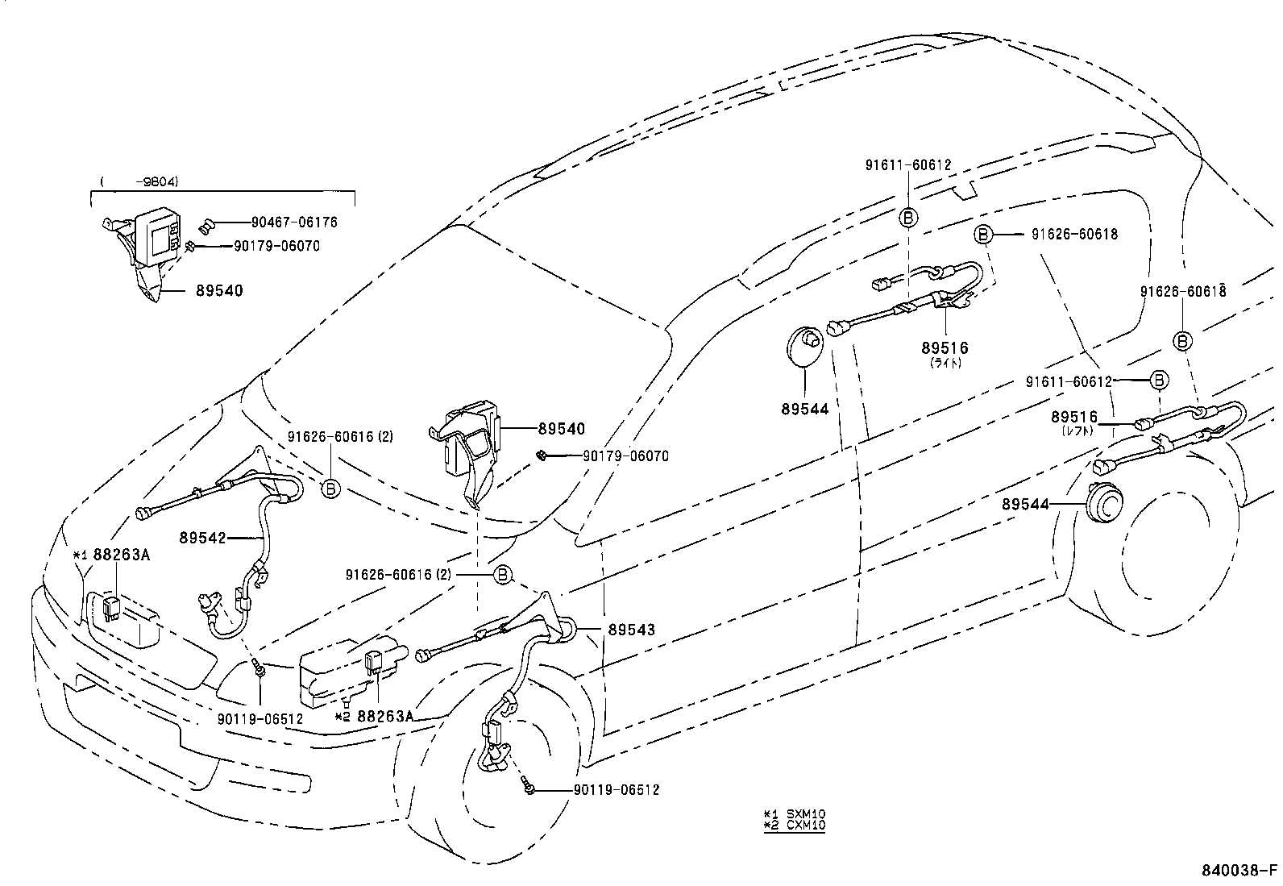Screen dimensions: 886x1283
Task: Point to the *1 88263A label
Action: (112, 555)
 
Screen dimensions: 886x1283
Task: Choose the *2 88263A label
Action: (376, 716)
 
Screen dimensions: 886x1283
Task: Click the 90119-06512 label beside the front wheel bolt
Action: (617, 790)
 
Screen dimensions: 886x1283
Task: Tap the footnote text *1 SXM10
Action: (794, 813)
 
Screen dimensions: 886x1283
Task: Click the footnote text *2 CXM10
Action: (794, 825)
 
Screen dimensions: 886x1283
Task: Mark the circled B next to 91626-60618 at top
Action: (982, 235)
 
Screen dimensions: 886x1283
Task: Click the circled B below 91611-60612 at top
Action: (907, 218)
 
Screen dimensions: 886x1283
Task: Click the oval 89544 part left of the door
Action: (803, 346)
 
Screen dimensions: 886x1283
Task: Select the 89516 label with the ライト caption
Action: (945, 348)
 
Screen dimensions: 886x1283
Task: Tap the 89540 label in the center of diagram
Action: (562, 430)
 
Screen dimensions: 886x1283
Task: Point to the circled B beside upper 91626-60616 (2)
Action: (330, 487)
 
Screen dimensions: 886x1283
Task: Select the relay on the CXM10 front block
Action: (374, 662)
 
